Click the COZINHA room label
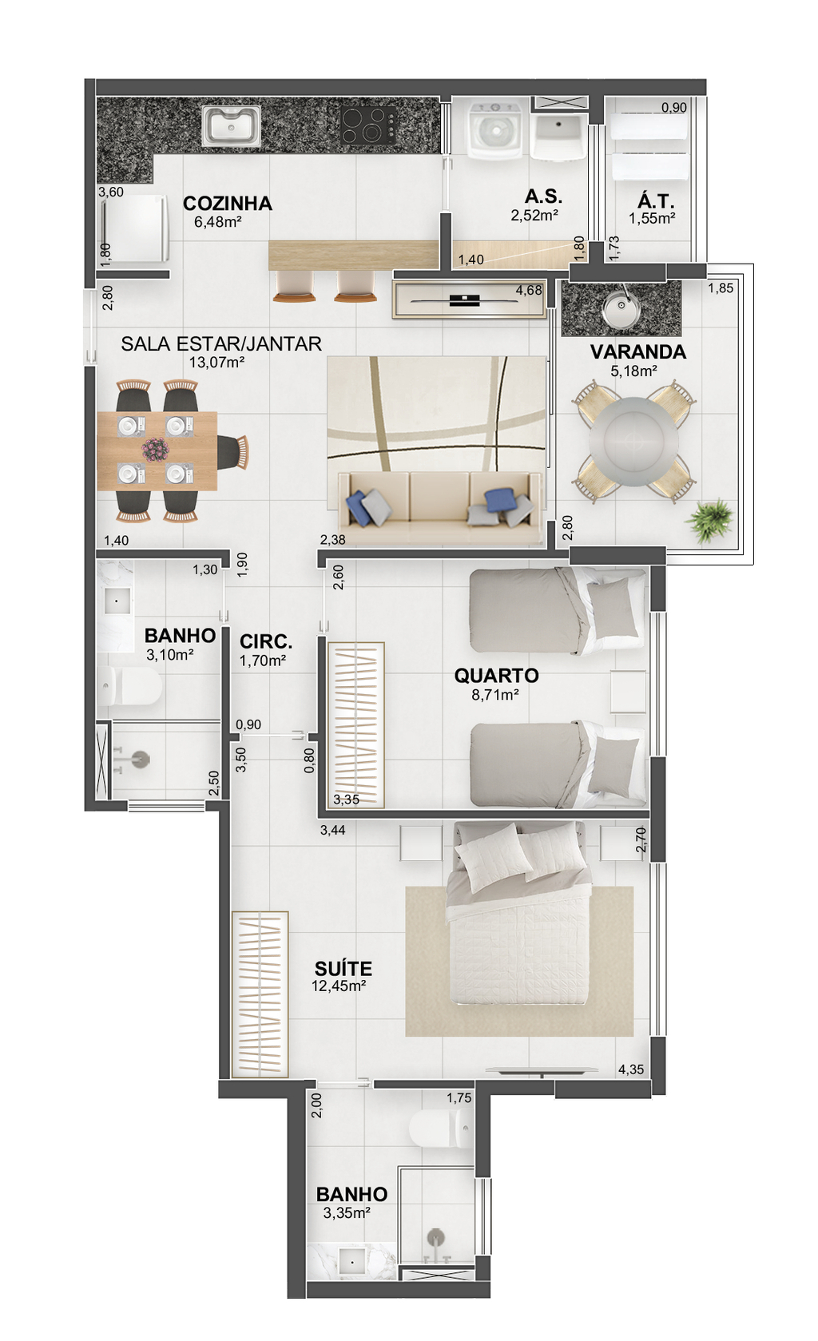[x=228, y=204]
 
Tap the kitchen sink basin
[x=231, y=126]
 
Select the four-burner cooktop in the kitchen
[x=368, y=125]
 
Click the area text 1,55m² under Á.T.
[x=652, y=219]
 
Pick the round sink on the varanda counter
[x=621, y=308]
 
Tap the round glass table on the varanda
[x=633, y=442]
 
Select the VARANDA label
[x=638, y=352]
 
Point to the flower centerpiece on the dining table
[x=156, y=449]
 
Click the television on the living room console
[x=465, y=300]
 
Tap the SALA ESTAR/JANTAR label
[x=221, y=343]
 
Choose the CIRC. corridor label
[x=266, y=642]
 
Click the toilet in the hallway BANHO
[x=130, y=686]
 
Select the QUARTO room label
[x=496, y=675]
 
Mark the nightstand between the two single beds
[x=628, y=692]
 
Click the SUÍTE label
[x=343, y=969]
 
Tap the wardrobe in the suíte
[x=260, y=994]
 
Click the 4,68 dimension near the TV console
[x=529, y=291]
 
